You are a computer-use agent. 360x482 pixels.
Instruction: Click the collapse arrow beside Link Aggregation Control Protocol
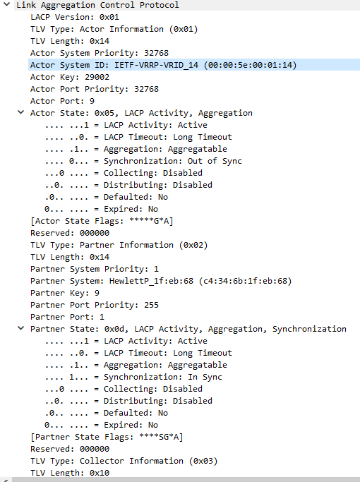pyautogui.click(x=6, y=4)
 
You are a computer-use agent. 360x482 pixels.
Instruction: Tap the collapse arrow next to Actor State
pyautogui.click(x=20, y=112)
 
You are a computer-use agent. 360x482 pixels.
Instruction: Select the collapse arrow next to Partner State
pyautogui.click(x=20, y=328)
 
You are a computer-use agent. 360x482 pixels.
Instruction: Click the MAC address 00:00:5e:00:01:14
pyautogui.click(x=250, y=65)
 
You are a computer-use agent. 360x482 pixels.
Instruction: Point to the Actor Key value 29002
pyautogui.click(x=97, y=77)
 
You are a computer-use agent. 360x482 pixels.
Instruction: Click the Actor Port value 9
pyautogui.click(x=92, y=101)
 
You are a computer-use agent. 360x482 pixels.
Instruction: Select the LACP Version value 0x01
pyautogui.click(x=109, y=17)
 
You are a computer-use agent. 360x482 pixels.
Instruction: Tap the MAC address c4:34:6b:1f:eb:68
pyautogui.click(x=245, y=281)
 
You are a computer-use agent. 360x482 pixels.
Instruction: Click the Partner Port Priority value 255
pyautogui.click(x=151, y=305)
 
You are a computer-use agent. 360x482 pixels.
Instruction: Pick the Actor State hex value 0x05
pyautogui.click(x=104, y=113)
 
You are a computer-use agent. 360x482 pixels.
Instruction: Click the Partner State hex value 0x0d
pyautogui.click(x=114, y=329)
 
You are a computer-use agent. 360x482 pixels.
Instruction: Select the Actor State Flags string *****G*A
pyautogui.click(x=149, y=221)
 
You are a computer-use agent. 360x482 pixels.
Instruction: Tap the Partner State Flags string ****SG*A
pyautogui.click(x=159, y=437)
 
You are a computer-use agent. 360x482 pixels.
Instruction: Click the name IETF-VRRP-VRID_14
pyautogui.click(x=156, y=65)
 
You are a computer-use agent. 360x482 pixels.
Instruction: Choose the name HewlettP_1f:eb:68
pyautogui.click(x=151, y=281)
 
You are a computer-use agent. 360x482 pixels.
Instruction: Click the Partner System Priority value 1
pyautogui.click(x=156, y=269)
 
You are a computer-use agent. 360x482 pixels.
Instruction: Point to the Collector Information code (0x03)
pyautogui.click(x=203, y=461)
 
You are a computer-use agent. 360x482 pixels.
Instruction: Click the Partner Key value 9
pyautogui.click(x=97, y=293)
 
